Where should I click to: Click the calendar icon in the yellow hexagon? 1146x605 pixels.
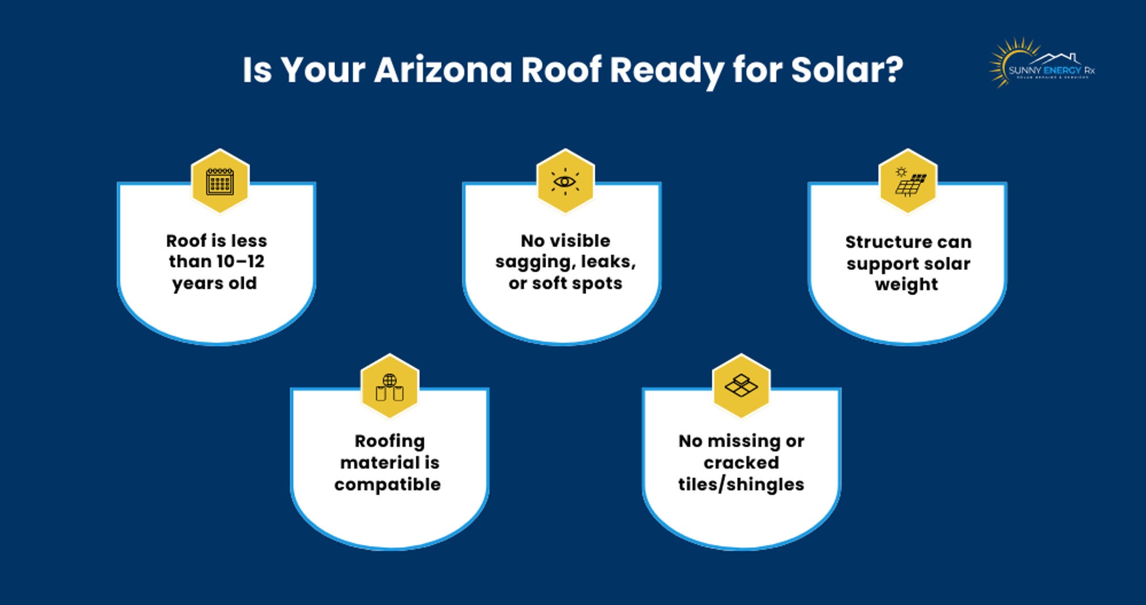220,182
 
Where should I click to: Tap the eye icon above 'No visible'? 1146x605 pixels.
565,182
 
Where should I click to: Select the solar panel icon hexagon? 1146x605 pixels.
908,182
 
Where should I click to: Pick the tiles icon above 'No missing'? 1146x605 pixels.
741,387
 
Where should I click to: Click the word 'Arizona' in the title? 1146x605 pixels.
443,70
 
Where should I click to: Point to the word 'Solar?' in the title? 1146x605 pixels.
847,70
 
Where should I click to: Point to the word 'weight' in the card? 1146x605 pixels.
906,284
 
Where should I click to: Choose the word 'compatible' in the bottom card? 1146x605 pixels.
387,485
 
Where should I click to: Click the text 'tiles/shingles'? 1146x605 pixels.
741,485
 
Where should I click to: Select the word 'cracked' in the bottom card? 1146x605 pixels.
741,463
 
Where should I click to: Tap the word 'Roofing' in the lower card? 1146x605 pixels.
390,441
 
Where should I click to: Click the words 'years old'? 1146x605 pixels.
214,283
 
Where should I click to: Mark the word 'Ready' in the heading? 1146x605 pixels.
667,70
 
